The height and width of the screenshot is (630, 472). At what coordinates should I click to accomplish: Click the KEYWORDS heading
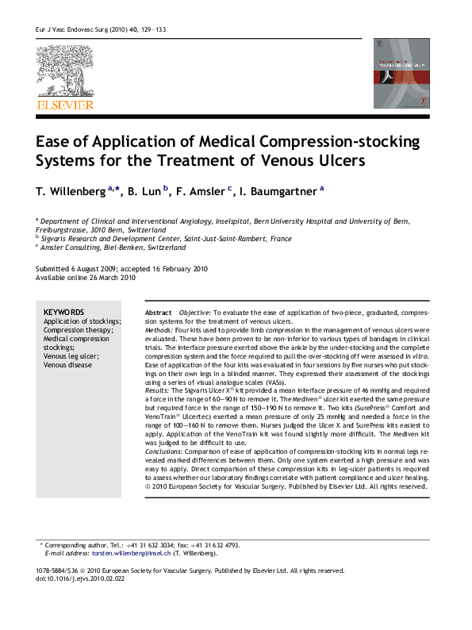63,313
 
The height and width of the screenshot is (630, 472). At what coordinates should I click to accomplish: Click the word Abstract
159,313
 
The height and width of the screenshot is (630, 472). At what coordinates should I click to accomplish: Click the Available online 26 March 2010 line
86,279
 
